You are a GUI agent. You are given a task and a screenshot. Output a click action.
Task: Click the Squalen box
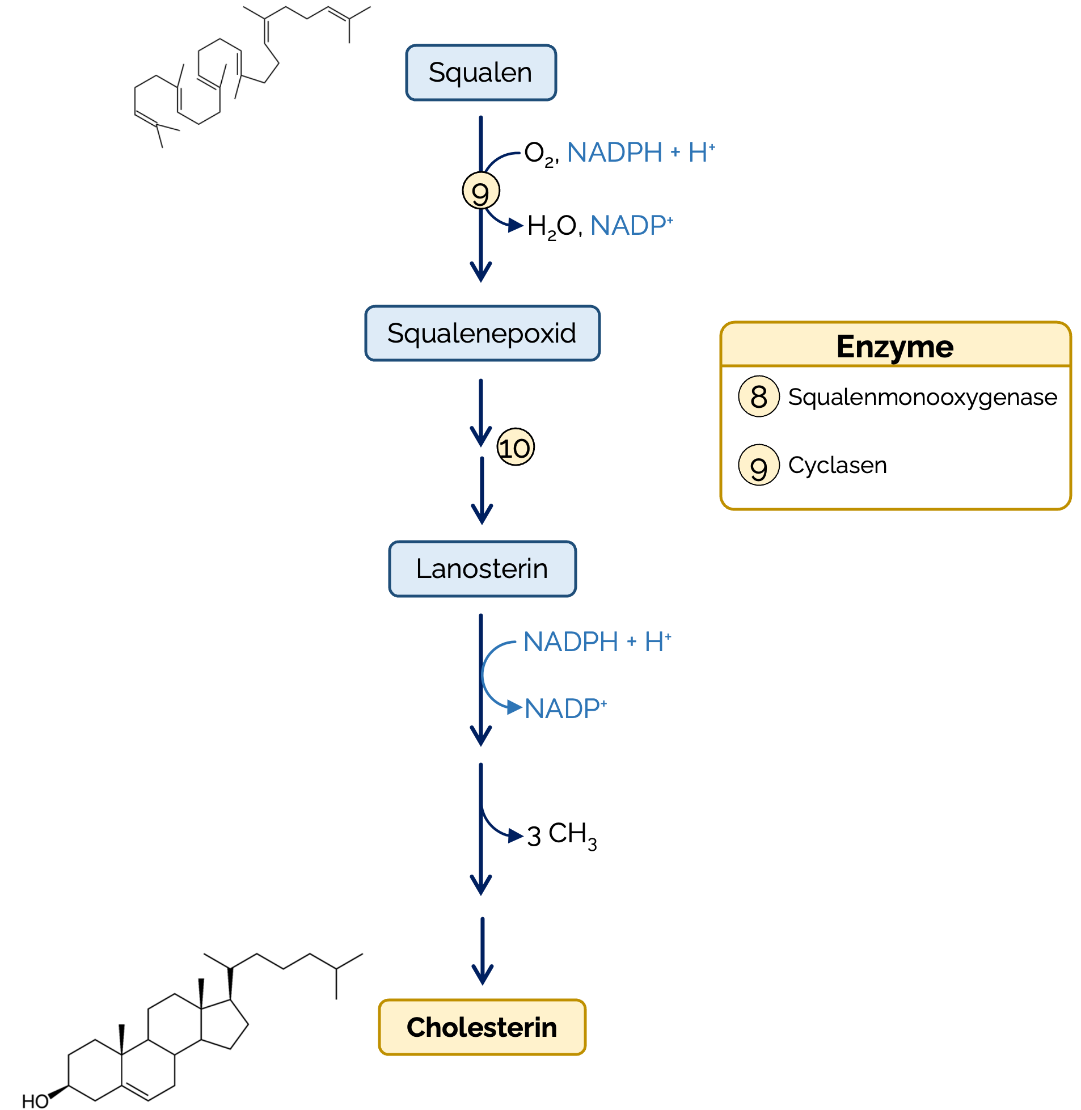[480, 73]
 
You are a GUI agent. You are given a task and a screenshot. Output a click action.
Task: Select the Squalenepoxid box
[482, 334]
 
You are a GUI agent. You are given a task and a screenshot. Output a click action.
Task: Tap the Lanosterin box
[482, 569]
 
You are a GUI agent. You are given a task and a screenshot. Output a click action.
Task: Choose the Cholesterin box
[482, 1027]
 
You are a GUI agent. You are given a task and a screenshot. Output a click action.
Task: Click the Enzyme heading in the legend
[895, 347]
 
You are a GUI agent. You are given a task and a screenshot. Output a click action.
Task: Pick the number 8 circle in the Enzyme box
[758, 396]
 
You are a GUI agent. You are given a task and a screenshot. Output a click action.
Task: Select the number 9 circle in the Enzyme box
[758, 466]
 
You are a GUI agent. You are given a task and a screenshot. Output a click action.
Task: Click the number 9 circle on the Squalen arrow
[480, 191]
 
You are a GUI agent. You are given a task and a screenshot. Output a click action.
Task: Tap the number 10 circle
[515, 448]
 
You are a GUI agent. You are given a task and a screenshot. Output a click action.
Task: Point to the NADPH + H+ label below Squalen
[640, 152]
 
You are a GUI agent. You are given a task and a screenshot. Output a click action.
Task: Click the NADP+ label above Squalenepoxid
[631, 225]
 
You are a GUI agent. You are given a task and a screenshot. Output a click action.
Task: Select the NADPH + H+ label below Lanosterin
[597, 641]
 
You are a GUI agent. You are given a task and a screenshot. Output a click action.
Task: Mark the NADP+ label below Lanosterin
[565, 708]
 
